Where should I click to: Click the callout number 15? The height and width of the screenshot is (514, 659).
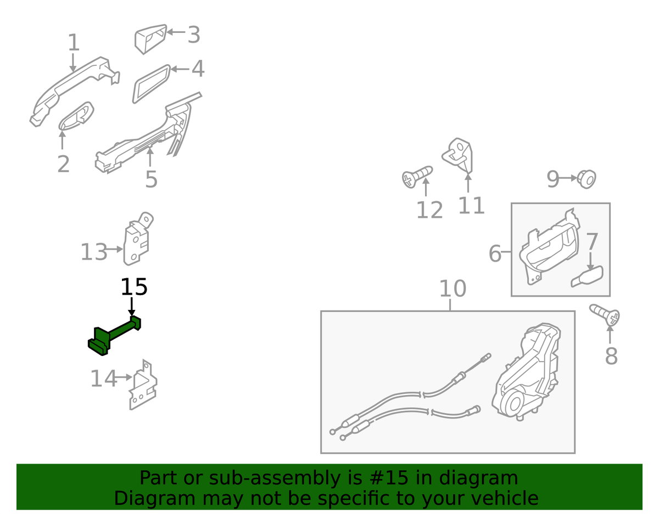134,287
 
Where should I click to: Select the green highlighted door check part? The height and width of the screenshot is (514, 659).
114,336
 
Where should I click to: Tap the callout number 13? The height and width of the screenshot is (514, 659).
94,252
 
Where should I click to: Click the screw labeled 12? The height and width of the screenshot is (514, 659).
417,177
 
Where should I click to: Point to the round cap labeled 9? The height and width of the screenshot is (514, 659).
587,179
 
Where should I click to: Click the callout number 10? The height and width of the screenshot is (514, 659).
453,289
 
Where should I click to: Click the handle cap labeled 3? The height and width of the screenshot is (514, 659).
150,39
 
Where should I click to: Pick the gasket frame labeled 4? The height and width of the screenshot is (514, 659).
152,84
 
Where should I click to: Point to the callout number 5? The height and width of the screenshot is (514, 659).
152,179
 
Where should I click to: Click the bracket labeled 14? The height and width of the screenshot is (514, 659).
143,385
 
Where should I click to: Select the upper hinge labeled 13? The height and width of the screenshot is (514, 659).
137,239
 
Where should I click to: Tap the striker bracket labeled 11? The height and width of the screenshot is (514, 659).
458,155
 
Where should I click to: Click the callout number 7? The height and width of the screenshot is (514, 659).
591,241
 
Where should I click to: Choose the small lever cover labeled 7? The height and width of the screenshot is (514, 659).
587,276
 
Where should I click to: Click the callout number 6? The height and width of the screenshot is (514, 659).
495,253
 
